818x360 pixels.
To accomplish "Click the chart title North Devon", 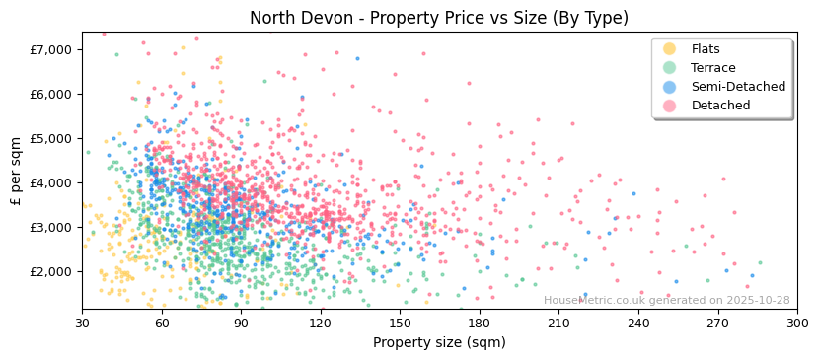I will [438, 18].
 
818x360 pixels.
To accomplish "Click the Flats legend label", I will [706, 49].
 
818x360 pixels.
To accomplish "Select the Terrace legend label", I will [712, 68].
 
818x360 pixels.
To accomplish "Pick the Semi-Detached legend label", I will [738, 87].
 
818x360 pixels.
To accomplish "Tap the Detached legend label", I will [720, 106].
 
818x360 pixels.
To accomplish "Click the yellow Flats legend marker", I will [670, 49].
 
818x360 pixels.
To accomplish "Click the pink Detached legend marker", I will [670, 106].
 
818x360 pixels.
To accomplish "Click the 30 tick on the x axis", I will [82, 324].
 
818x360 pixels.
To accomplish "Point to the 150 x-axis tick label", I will [400, 324].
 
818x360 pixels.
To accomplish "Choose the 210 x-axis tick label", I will [558, 324].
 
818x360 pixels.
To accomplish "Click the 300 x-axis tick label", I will [796, 324].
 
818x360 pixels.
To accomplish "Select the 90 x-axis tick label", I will [241, 324].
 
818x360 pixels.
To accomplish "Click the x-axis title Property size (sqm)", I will [439, 343].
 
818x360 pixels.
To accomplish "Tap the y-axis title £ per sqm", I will [17, 171].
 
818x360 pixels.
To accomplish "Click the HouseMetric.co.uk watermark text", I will [666, 301].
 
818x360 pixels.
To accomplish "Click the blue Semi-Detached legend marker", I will [670, 87].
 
